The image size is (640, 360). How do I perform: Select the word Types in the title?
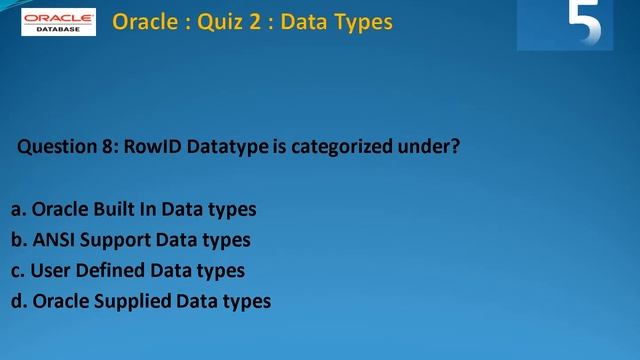click(357, 21)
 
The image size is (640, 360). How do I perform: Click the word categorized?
click(343, 147)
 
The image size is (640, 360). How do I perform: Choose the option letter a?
click(18, 210)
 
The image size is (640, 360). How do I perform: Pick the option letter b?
click(18, 240)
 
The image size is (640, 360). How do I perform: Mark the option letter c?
click(17, 270)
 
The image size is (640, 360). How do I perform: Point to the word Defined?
click(112, 270)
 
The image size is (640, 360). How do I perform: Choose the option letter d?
click(18, 300)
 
